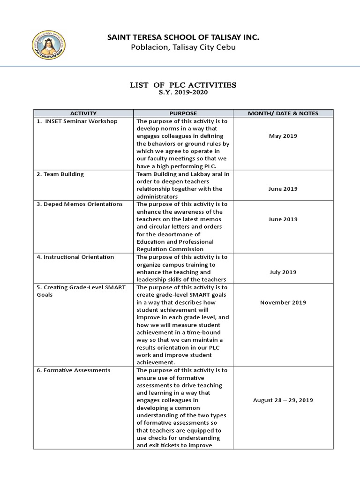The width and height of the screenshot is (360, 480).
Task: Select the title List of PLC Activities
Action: pos(183,85)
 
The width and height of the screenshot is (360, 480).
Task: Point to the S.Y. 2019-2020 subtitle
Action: pos(183,92)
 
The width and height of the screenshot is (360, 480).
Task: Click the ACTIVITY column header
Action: pos(83,113)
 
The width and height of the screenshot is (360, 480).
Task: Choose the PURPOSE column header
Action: pos(183,113)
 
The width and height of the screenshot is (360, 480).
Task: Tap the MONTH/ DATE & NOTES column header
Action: pos(283,113)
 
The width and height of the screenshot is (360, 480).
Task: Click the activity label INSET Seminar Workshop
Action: pos(79,121)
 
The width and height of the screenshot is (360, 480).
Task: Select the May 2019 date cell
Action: pos(283,136)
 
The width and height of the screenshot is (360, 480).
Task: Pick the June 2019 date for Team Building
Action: pos(283,189)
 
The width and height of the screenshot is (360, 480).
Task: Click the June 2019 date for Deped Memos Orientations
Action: pos(283,219)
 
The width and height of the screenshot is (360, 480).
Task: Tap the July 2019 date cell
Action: pos(283,272)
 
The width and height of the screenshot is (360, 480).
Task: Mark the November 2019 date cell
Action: pos(283,302)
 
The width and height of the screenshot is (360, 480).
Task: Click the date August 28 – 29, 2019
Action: pos(283,400)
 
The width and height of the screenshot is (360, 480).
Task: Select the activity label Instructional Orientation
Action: pos(75,257)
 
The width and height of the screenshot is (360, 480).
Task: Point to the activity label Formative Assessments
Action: pos(73,370)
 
